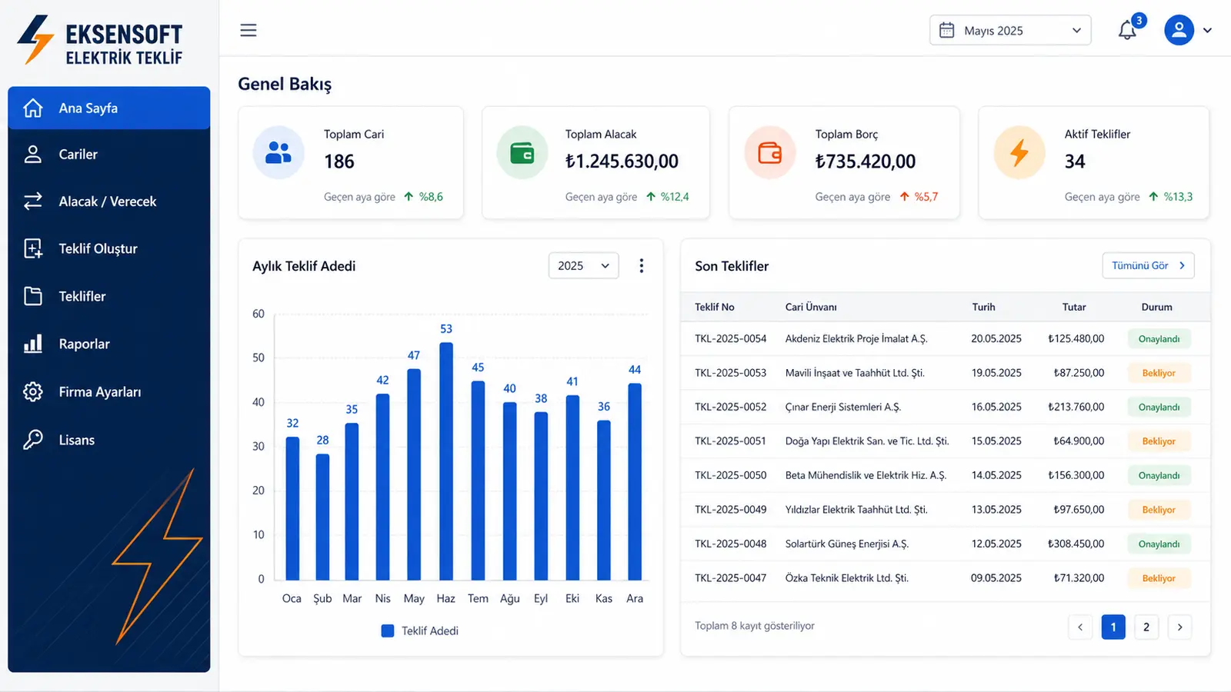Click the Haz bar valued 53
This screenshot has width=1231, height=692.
point(445,461)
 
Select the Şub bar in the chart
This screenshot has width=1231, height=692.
point(322,517)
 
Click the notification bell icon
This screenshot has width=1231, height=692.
point(1127,30)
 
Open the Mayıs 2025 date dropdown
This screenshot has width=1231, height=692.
point(1010,30)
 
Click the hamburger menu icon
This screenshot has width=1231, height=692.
point(249,30)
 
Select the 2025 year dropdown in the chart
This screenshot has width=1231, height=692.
point(584,266)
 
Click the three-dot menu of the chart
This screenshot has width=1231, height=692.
point(642,266)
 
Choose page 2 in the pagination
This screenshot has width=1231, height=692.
point(1146,627)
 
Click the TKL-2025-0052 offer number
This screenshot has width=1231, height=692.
point(730,407)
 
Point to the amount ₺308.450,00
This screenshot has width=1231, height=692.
point(1076,544)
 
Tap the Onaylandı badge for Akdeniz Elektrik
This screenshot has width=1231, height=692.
point(1159,339)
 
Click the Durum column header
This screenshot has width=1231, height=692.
point(1157,307)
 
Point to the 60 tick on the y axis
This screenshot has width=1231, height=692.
point(259,314)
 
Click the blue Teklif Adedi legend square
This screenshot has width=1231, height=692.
point(388,631)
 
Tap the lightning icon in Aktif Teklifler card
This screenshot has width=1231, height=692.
point(1019,153)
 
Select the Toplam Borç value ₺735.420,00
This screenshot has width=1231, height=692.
point(866,161)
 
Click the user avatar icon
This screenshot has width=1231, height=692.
point(1179,30)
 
